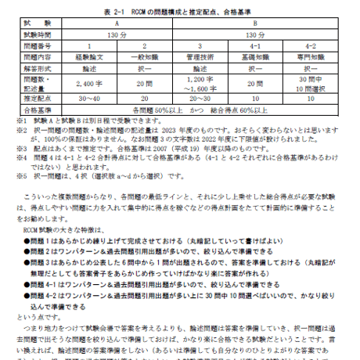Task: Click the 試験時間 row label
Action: (x=41, y=36)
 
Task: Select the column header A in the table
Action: (x=117, y=24)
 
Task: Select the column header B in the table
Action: (x=254, y=24)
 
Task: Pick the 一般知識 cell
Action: (x=144, y=58)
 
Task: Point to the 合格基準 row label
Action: (x=41, y=110)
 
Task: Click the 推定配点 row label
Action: (x=41, y=99)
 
